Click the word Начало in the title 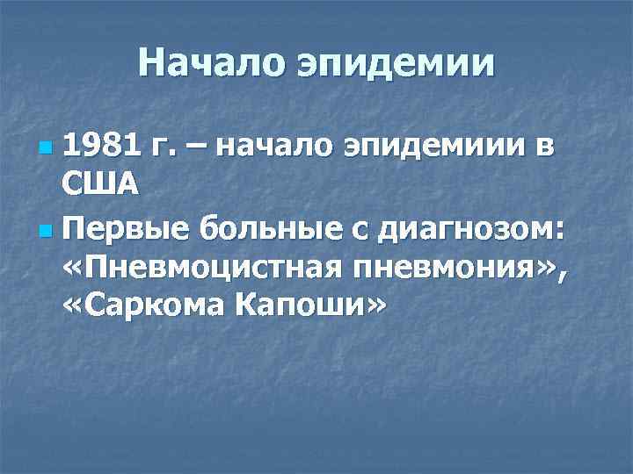click(x=212, y=63)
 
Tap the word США click(x=100, y=184)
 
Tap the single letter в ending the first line click(x=545, y=144)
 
